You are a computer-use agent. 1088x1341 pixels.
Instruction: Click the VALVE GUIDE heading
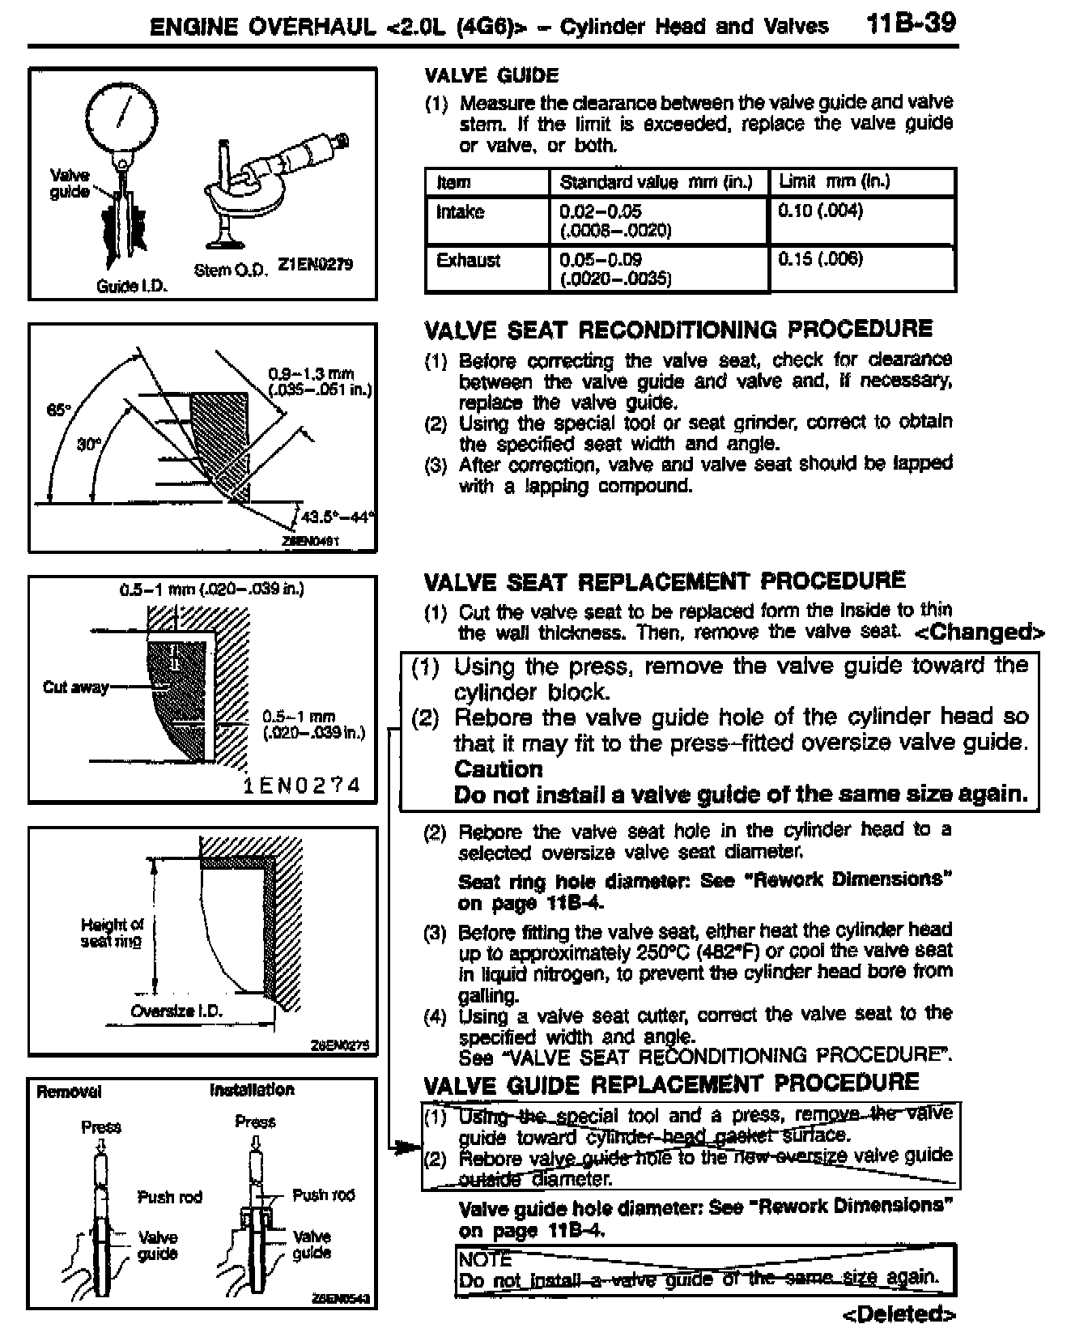pyautogui.click(x=491, y=76)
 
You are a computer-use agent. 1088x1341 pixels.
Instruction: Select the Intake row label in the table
pyautogui.click(x=460, y=212)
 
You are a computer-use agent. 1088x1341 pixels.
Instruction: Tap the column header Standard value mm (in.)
pyautogui.click(x=656, y=182)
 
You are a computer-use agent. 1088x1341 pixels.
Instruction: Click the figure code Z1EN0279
pyautogui.click(x=316, y=265)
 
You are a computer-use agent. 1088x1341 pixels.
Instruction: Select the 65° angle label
pyautogui.click(x=58, y=411)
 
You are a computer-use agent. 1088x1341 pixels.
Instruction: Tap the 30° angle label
pyautogui.click(x=88, y=445)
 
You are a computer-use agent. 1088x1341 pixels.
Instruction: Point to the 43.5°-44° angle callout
pyautogui.click(x=337, y=517)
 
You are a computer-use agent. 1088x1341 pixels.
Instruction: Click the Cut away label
pyautogui.click(x=75, y=688)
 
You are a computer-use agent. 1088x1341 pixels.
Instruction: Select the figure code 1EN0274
pyautogui.click(x=302, y=785)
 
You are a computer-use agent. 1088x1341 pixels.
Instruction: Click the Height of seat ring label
pyautogui.click(x=112, y=932)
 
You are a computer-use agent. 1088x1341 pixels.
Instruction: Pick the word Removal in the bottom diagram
pyautogui.click(x=69, y=1092)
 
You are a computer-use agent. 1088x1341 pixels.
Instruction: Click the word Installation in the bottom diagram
pyautogui.click(x=252, y=1090)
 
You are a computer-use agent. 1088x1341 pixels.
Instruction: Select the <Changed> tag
pyautogui.click(x=979, y=632)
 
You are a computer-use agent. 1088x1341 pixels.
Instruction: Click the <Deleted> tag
pyautogui.click(x=899, y=1314)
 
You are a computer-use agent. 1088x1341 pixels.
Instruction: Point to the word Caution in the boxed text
pyautogui.click(x=498, y=769)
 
